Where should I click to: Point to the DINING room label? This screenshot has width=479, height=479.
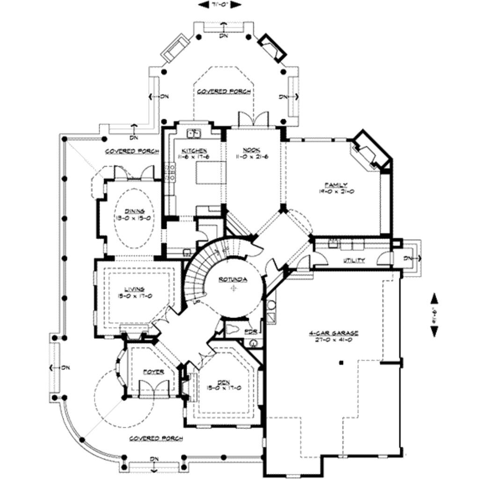tap(134, 211)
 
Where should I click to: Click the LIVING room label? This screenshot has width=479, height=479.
tap(134, 289)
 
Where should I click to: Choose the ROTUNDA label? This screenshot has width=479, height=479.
tap(233, 280)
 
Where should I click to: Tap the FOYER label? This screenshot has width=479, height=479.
tap(153, 372)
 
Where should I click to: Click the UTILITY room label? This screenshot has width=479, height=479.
tap(354, 260)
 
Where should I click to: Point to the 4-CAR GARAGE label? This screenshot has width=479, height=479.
tap(334, 333)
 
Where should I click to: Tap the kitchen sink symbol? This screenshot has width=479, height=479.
tap(194, 134)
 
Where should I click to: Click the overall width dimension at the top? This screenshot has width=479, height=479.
tap(220, 5)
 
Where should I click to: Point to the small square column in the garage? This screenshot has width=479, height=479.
tap(341, 362)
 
